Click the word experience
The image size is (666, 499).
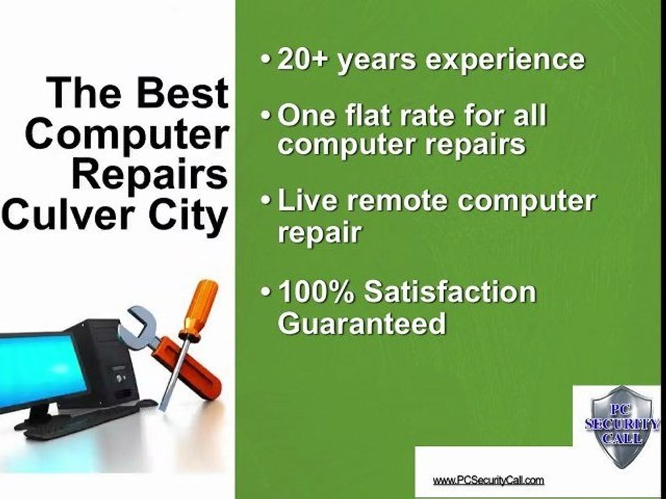[505, 60]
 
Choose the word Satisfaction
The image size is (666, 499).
[451, 292]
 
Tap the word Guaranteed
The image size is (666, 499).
[361, 324]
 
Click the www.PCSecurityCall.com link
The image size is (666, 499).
[488, 480]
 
